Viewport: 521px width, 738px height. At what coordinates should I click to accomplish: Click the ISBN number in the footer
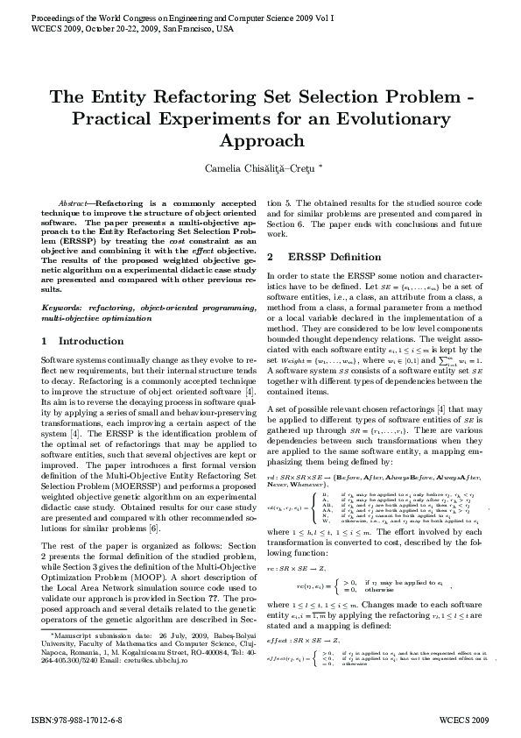click(76, 716)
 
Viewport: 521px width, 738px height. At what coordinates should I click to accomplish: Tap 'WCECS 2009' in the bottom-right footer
click(463, 716)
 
